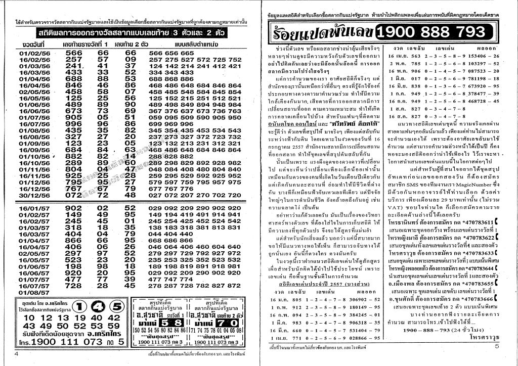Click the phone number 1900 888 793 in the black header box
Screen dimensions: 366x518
click(x=431, y=33)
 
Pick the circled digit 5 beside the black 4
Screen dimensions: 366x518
click(x=117, y=306)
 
